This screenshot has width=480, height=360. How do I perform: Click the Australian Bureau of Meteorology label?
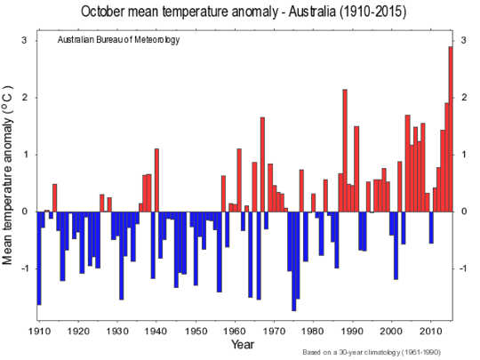tap(113, 42)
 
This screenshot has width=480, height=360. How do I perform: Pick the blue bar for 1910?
tap(39, 258)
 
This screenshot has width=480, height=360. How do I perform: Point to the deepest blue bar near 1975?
tap(293, 260)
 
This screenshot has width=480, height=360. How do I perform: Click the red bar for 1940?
tap(156, 180)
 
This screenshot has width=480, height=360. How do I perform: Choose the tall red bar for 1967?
tap(262, 164)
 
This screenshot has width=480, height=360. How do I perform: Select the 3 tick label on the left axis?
tap(24, 42)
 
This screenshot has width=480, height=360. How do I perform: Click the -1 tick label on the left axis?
tap(22, 268)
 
